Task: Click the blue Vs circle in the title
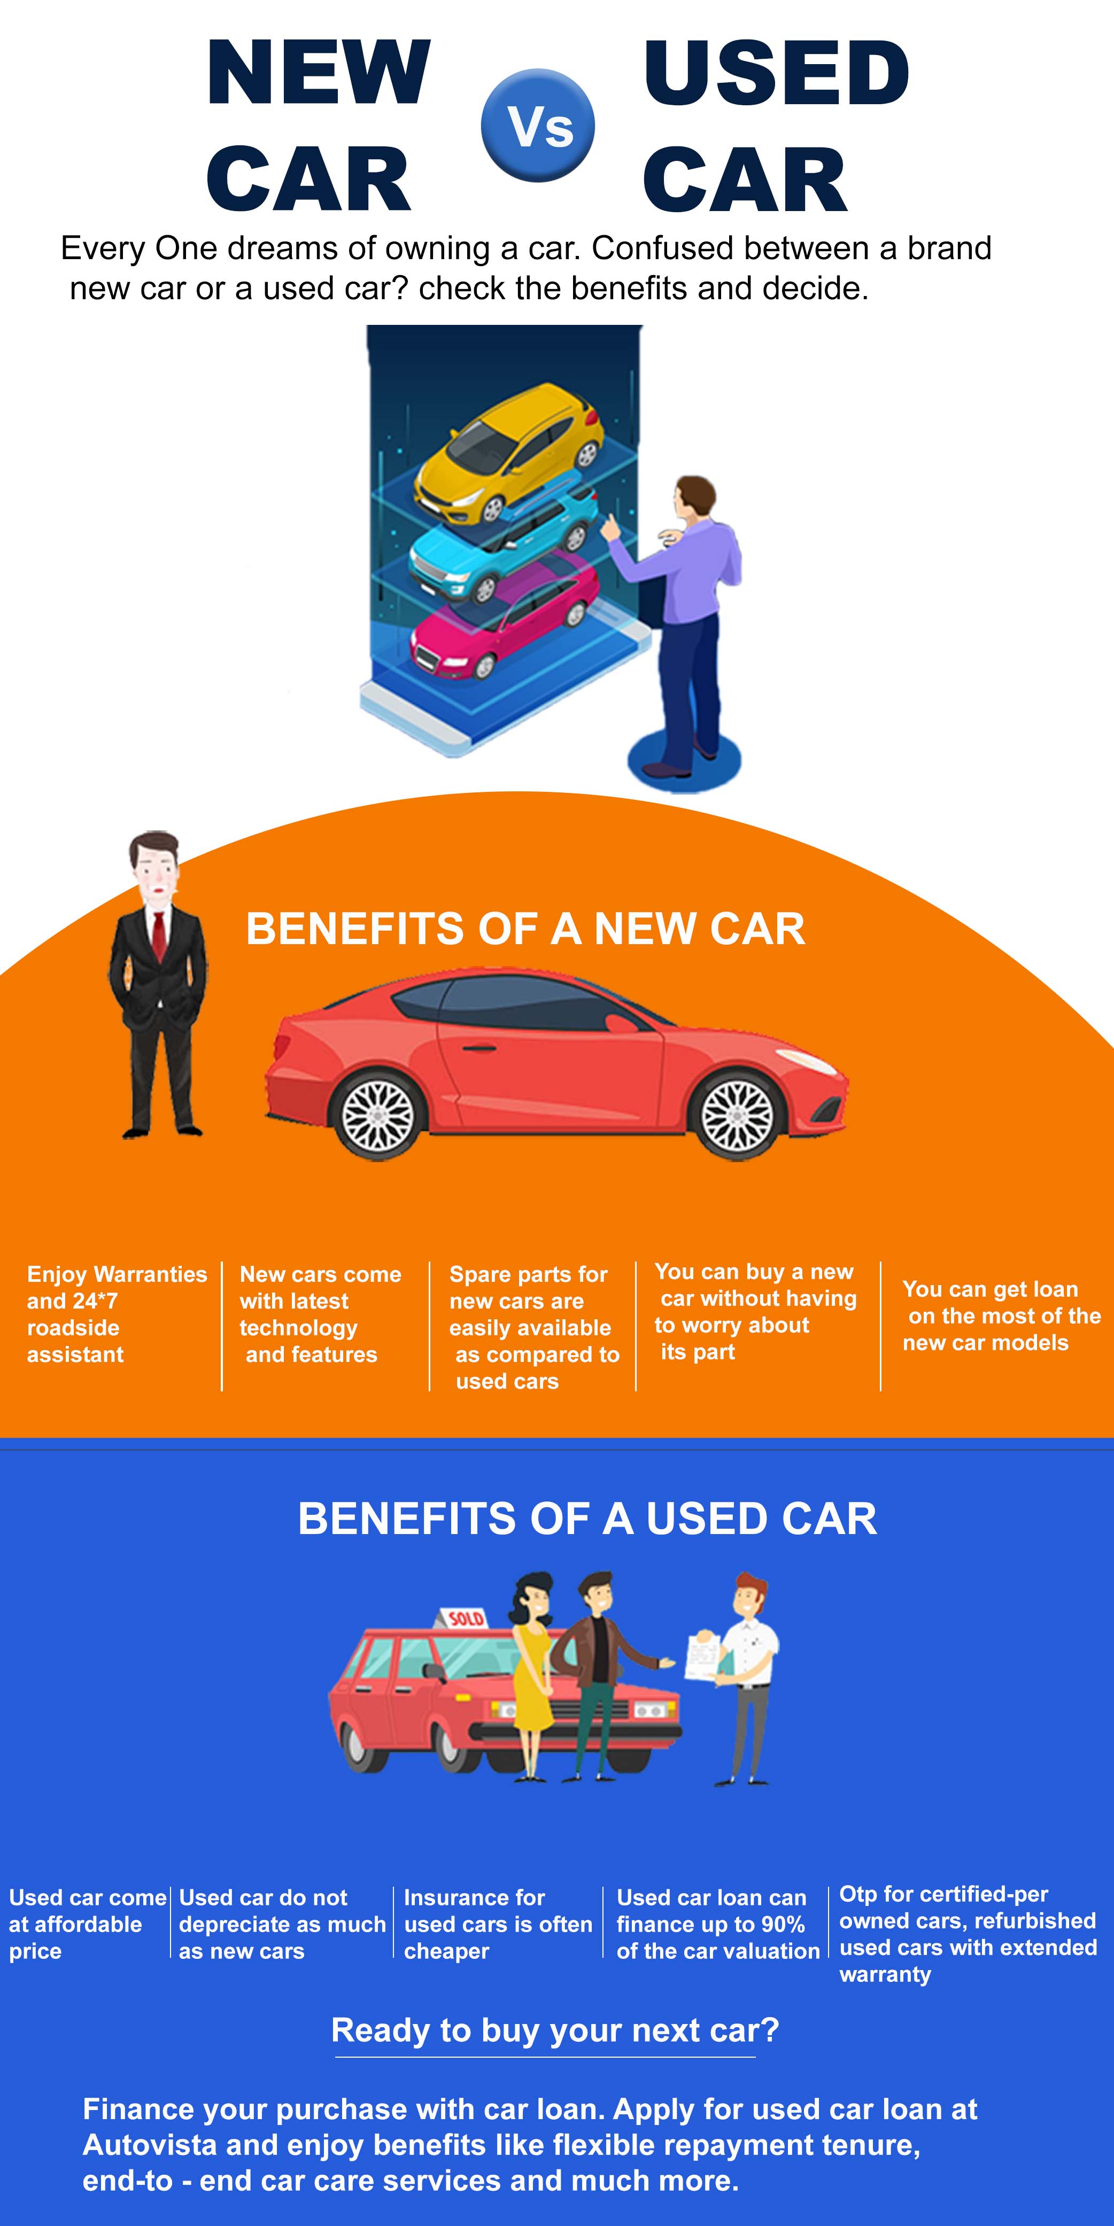click(538, 125)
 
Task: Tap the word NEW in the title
click(318, 73)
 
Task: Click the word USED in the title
click(775, 73)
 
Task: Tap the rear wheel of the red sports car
click(378, 1116)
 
